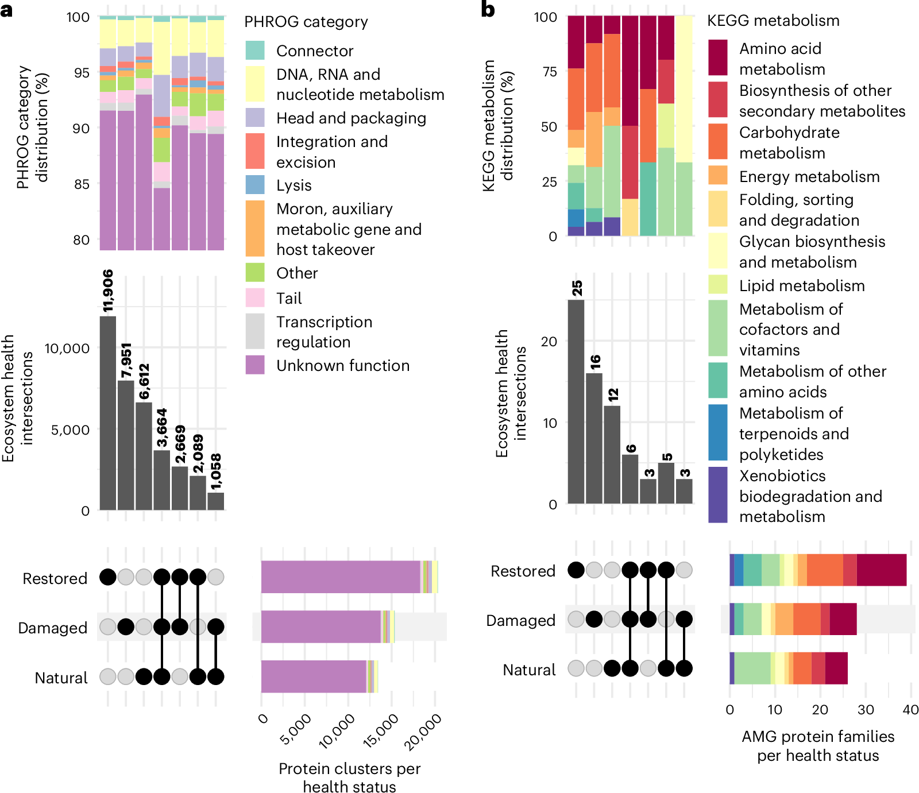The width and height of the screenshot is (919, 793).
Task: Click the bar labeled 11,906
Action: [x=108, y=413]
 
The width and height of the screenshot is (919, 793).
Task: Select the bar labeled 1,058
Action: [x=216, y=501]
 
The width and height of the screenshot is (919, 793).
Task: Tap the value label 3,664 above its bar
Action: [x=162, y=428]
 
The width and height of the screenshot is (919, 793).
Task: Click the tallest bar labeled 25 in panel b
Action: [x=576, y=402]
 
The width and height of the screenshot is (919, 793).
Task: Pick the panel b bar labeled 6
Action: [x=630, y=479]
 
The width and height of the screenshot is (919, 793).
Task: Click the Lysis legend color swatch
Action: [x=255, y=185]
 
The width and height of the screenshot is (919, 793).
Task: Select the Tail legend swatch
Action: [x=255, y=298]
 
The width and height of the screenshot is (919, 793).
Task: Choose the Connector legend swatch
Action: [x=255, y=51]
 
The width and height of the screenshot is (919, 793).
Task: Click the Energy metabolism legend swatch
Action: [x=718, y=176]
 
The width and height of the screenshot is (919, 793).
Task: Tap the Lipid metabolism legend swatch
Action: [x=718, y=285]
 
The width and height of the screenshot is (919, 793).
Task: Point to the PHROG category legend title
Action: [x=306, y=22]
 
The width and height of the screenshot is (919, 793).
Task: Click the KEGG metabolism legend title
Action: [x=773, y=21]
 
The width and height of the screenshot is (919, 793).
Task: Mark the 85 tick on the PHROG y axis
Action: [x=82, y=184]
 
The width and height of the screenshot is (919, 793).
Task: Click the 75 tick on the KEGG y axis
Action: [x=549, y=72]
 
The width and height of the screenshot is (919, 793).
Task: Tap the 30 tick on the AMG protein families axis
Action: [x=866, y=710]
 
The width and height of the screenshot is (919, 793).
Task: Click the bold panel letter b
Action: [x=488, y=10]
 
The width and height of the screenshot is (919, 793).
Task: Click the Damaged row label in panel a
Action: [x=53, y=628]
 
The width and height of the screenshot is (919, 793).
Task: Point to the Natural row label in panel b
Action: [x=529, y=670]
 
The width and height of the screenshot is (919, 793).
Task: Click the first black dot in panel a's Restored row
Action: [x=108, y=577]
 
